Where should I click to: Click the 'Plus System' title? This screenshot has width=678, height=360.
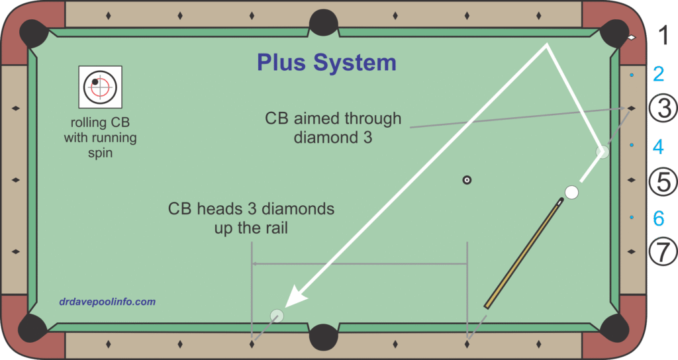pyautogui.click(x=326, y=62)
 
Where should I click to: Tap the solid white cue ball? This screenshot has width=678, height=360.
pyautogui.click(x=571, y=193)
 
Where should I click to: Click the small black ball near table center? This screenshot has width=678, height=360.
pyautogui.click(x=467, y=179)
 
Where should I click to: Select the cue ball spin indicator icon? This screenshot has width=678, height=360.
pyautogui.click(x=100, y=87)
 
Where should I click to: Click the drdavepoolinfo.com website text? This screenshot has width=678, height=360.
pyautogui.click(x=107, y=302)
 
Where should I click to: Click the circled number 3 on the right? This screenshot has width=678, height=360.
pyautogui.click(x=662, y=109)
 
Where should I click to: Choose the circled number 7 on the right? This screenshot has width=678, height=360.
pyautogui.click(x=662, y=251)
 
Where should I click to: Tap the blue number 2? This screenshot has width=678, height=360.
pyautogui.click(x=658, y=74)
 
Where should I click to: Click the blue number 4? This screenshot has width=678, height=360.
pyautogui.click(x=657, y=146)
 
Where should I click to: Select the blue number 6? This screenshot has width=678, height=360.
pyautogui.click(x=657, y=218)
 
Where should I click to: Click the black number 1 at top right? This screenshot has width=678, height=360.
pyautogui.click(x=662, y=36)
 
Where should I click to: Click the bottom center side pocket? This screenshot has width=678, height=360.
pyautogui.click(x=324, y=336)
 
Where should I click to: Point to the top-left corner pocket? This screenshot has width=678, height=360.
pyautogui.click(x=33, y=31)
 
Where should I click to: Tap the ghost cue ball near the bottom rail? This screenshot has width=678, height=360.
pyautogui.click(x=277, y=316)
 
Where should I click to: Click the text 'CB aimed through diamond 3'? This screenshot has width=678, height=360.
pyautogui.click(x=333, y=128)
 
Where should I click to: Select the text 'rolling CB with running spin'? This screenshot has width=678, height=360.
pyautogui.click(x=100, y=138)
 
